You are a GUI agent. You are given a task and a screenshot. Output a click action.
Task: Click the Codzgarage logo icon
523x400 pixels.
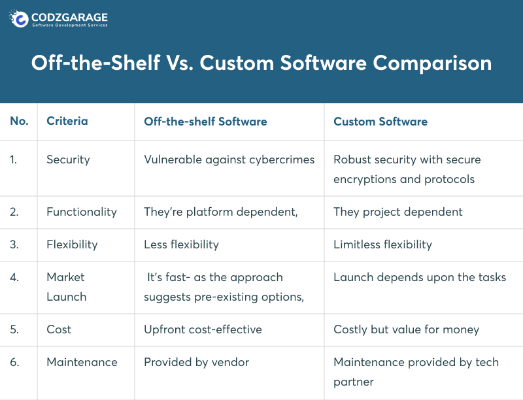tap(20, 19)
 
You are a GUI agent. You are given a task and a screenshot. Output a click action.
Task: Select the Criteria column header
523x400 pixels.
tap(67, 122)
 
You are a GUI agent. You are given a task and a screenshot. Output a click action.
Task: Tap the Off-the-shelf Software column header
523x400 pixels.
tap(205, 122)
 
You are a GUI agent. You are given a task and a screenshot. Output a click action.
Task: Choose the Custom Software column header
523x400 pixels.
tap(380, 122)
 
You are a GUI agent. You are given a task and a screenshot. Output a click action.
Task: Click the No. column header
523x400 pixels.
tap(19, 122)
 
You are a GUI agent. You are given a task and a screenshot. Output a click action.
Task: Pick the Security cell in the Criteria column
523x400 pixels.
tap(68, 160)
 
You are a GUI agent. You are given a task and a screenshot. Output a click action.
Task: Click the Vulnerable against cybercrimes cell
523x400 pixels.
tap(229, 160)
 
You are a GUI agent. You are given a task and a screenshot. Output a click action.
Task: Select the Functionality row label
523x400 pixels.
tap(82, 212)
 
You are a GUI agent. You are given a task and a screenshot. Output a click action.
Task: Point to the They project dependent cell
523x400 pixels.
tap(397, 212)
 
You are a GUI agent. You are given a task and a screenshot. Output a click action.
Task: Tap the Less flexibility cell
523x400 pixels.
tap(181, 244)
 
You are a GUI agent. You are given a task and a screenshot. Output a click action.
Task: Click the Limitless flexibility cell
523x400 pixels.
tap(382, 244)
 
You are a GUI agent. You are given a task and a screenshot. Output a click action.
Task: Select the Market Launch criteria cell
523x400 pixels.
tap(66, 287)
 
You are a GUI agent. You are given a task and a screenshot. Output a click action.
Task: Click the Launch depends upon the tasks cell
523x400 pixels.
tap(420, 277)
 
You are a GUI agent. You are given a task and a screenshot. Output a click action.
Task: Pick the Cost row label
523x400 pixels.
tap(59, 329)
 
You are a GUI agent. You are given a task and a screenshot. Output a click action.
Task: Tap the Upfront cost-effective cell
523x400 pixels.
tap(203, 329)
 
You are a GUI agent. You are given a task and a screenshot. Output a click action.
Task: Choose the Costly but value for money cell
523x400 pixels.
tap(406, 329)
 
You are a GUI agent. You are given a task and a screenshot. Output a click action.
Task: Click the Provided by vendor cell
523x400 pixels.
tap(196, 362)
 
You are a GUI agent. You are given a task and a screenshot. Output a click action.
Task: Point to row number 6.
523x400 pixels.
tap(14, 362)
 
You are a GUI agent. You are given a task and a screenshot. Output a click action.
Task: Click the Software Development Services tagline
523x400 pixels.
tap(70, 25)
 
